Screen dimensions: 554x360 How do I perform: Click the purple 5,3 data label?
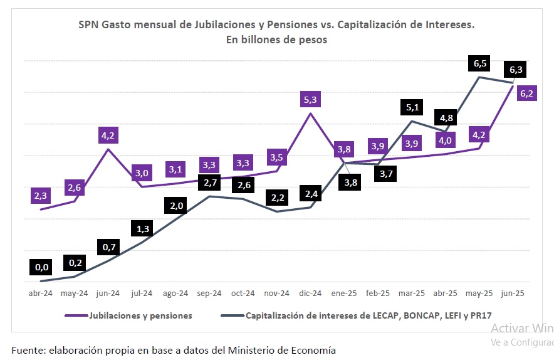pyautogui.click(x=310, y=99)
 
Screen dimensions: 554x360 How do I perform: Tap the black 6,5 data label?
pyautogui.click(x=479, y=63)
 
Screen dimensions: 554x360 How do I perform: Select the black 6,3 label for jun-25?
pyautogui.click(x=516, y=70)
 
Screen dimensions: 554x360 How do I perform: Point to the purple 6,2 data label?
pyautogui.click(x=526, y=93)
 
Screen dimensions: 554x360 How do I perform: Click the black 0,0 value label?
pyautogui.click(x=41, y=267)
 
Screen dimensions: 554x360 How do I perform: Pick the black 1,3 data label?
pyautogui.click(x=142, y=228)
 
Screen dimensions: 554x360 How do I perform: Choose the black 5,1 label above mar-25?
pyautogui.click(x=412, y=107)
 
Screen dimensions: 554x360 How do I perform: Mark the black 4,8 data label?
pyautogui.click(x=446, y=118)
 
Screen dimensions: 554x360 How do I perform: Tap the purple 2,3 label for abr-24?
pyautogui.click(x=41, y=196)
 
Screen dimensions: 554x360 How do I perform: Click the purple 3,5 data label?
pyautogui.click(x=276, y=157)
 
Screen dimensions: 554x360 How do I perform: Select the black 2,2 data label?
pyautogui.click(x=278, y=198)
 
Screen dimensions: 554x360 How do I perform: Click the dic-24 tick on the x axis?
pyautogui.click(x=310, y=293)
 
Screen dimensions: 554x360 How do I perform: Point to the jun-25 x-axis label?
pyautogui.click(x=513, y=293)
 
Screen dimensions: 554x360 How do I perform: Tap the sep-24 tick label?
pyautogui.click(x=209, y=294)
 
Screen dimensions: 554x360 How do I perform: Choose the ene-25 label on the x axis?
pyautogui.click(x=344, y=293)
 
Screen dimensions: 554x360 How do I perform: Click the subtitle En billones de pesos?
pyautogui.click(x=276, y=40)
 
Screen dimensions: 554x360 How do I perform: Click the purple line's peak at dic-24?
pyautogui.click(x=310, y=114)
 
